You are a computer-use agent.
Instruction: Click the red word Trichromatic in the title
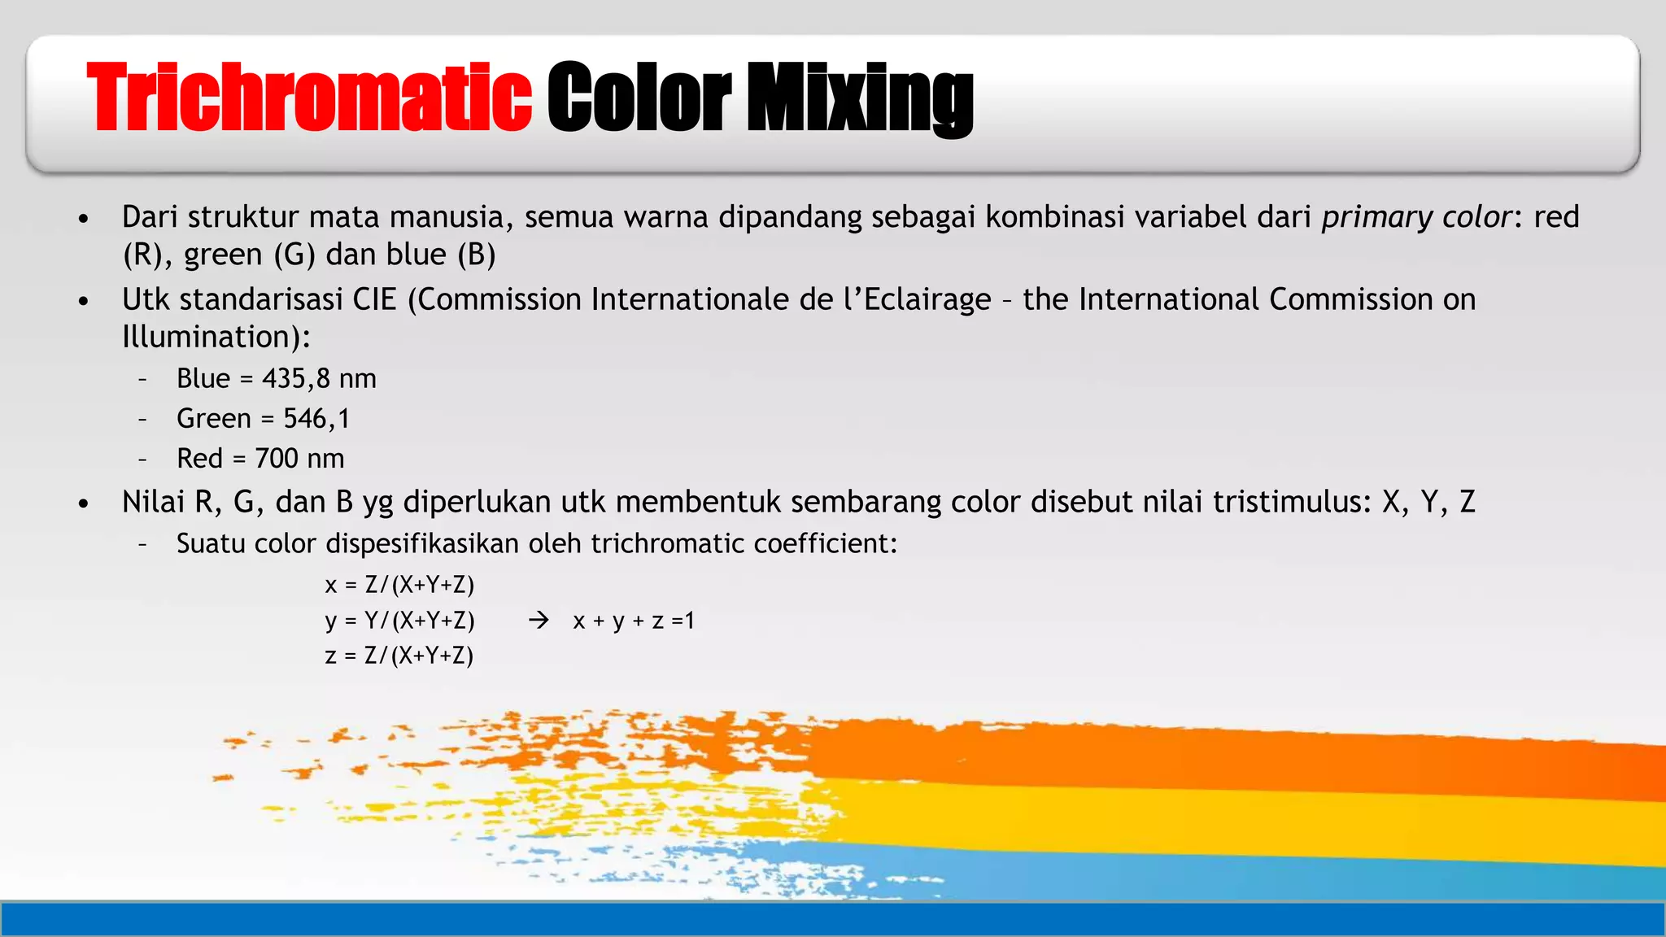[x=309, y=98]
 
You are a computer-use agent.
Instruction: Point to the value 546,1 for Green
[x=316, y=419]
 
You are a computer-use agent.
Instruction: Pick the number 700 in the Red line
[x=277, y=459]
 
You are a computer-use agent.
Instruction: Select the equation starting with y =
[x=399, y=621]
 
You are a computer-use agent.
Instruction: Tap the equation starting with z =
[x=399, y=656]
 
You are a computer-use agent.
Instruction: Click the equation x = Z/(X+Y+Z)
[x=399, y=585]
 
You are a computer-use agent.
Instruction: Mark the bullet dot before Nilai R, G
[x=83, y=504]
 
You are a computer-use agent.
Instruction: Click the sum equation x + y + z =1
[x=634, y=621]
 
